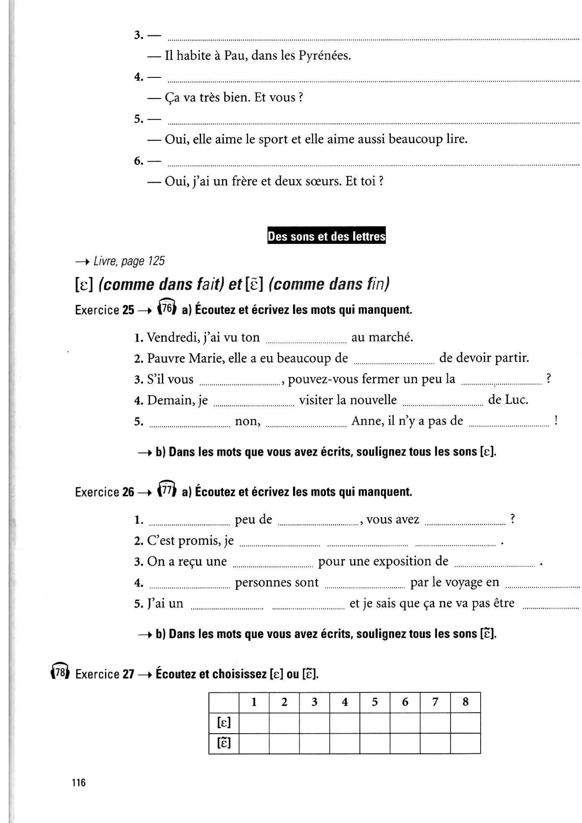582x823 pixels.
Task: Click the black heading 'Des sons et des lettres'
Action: click(326, 236)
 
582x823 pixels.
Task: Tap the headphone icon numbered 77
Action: click(167, 490)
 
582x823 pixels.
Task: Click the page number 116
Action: click(78, 782)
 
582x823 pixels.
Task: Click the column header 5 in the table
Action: click(375, 702)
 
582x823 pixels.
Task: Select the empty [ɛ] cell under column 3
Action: click(314, 722)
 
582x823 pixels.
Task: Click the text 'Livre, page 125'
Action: click(129, 261)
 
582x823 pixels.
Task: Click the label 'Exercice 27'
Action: click(104, 674)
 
